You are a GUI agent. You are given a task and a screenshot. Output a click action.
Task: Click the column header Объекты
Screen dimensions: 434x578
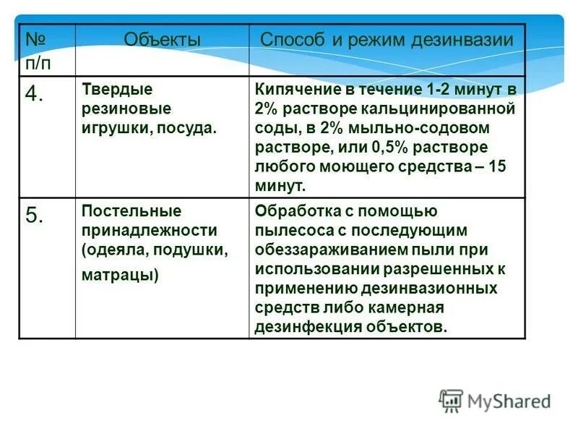click(x=162, y=40)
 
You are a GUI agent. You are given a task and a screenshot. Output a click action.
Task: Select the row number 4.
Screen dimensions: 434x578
click(x=35, y=95)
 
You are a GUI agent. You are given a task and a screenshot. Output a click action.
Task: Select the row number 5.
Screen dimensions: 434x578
click(x=35, y=216)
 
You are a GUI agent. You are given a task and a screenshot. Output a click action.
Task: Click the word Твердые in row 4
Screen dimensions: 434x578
click(x=116, y=90)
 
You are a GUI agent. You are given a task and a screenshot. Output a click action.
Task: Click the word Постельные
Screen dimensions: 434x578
click(x=131, y=210)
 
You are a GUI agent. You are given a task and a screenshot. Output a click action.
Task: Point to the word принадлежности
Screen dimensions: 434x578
click(x=149, y=230)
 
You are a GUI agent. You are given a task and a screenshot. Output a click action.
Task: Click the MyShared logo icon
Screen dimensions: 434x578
click(x=451, y=400)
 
